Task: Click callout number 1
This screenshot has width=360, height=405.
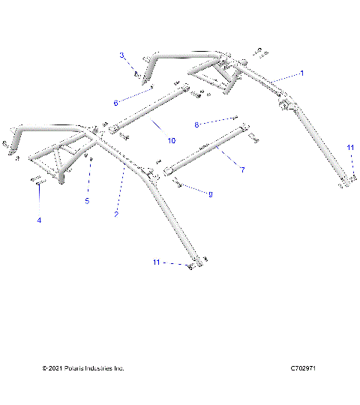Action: click(301, 73)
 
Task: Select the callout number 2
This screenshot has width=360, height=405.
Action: click(115, 214)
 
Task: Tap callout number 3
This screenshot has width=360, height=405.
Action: click(121, 55)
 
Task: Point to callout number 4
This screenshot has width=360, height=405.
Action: click(39, 220)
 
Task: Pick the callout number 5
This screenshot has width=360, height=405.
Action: click(86, 201)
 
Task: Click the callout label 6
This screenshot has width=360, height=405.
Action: click(116, 102)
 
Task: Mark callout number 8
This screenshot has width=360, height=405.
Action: click(197, 124)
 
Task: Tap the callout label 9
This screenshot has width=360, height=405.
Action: click(210, 194)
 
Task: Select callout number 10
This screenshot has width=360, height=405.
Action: click(171, 140)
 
